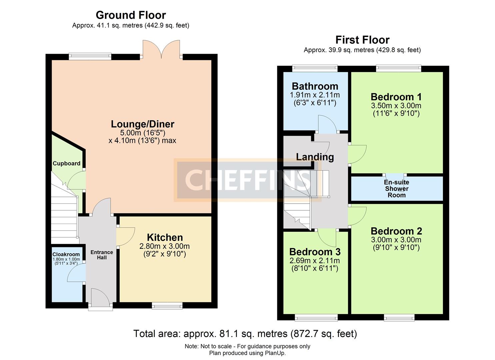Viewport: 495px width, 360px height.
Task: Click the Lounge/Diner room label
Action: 142,124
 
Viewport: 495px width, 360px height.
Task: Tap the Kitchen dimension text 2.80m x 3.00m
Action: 164,246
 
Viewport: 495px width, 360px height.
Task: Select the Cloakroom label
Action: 66,254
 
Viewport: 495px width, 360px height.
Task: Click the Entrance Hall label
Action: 102,255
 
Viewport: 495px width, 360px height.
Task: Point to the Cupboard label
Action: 66,163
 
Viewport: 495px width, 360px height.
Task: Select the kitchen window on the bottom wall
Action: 167,306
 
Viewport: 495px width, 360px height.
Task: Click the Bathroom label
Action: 315,86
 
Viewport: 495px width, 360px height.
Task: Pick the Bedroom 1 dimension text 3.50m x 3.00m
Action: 396,106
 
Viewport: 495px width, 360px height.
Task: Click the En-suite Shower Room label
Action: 396,189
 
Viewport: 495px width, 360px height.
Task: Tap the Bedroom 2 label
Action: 396,231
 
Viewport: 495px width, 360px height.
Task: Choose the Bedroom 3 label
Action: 315,252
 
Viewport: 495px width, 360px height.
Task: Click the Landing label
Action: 315,157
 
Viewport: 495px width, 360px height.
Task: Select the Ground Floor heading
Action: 131,15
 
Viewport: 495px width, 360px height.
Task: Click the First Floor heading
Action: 362,40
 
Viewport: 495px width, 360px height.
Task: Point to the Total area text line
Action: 245,334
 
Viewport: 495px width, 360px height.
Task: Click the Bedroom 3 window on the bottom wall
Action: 316,317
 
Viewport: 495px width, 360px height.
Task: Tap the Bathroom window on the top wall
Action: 315,68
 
